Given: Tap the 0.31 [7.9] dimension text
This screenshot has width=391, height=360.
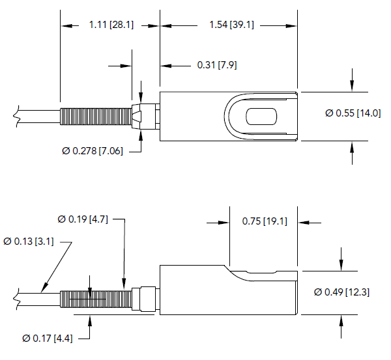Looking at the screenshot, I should [218, 65].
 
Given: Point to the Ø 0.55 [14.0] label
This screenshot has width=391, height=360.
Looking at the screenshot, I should [352, 113].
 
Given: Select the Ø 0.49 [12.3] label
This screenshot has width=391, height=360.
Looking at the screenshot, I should [341, 292].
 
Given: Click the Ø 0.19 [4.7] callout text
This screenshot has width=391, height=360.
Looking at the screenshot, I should [85, 219].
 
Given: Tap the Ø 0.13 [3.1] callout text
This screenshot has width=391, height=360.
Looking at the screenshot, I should [29, 242].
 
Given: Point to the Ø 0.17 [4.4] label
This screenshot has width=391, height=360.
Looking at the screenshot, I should [49, 338].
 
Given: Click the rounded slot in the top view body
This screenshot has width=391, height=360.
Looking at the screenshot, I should [262, 117].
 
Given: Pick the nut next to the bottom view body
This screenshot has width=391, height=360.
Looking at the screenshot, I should [145, 298].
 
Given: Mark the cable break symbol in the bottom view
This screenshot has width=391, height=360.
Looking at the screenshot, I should [14, 299].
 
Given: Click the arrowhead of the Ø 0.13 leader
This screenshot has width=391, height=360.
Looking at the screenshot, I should [44, 289].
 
